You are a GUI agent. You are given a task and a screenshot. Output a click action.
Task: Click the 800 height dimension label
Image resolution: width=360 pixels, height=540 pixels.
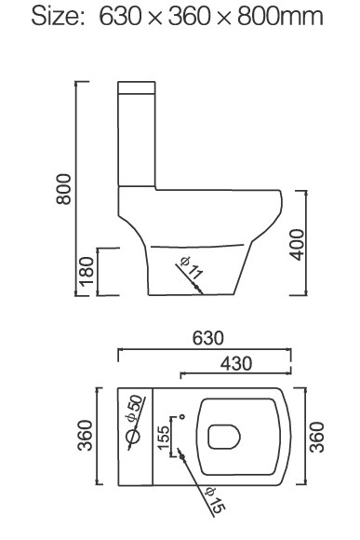click(63, 189)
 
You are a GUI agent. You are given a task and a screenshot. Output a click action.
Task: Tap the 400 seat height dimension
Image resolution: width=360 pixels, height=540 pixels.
click(297, 245)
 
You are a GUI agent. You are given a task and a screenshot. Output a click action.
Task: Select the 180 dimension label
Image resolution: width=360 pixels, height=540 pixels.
click(87, 272)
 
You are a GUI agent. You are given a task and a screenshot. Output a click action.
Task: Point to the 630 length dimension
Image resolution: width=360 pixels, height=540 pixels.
click(207, 338)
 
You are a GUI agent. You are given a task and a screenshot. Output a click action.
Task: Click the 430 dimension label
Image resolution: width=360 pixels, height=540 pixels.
click(236, 363)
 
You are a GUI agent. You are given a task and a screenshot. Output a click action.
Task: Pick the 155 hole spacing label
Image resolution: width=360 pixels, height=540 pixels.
click(164, 437)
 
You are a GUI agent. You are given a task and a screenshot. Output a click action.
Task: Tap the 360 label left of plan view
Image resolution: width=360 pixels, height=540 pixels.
click(85, 436)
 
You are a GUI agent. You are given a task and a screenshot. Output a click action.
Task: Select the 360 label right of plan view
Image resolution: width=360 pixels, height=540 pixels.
click(317, 437)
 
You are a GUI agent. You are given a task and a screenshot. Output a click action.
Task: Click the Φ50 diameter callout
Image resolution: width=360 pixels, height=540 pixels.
click(134, 409)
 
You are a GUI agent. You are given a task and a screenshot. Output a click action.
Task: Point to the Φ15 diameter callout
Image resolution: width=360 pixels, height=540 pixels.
click(215, 498)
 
